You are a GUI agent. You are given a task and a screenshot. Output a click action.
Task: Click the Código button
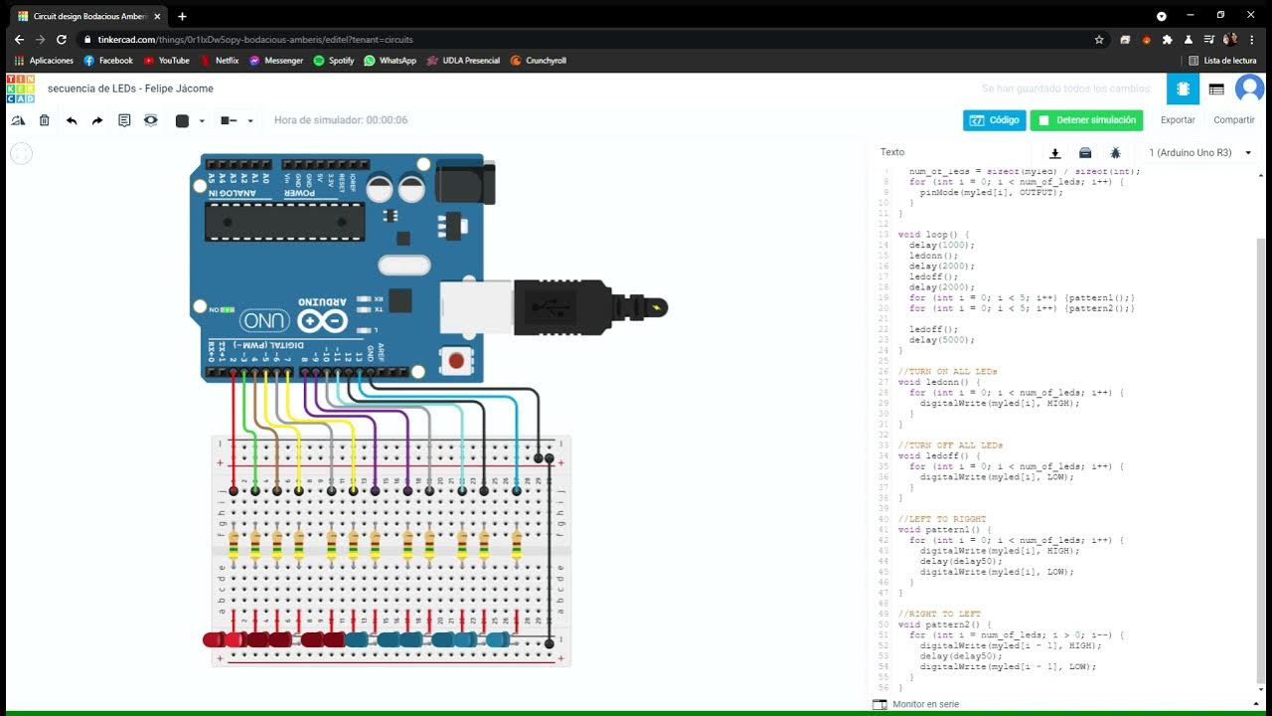point(994,120)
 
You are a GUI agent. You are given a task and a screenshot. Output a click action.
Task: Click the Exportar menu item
point(1178,120)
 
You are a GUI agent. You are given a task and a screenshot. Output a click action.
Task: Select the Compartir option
point(1233,120)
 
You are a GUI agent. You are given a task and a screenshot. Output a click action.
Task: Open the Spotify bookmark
point(334,61)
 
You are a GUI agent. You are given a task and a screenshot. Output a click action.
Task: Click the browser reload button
point(62,40)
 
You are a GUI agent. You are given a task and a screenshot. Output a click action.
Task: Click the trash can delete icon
point(44,120)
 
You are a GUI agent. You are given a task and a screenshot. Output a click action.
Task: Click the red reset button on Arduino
point(456,360)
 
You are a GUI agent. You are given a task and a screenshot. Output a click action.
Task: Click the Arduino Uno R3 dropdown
point(1199,152)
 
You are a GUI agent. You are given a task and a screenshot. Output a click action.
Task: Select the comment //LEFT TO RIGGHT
point(941,519)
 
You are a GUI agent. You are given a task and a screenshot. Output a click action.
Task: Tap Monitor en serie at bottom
point(924,704)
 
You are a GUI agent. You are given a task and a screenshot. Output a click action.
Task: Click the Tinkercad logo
point(20,89)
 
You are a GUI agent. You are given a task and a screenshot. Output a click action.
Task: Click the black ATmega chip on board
point(284,221)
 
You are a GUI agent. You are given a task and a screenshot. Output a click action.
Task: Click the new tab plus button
point(182,16)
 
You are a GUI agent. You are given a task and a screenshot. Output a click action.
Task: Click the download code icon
point(1055,153)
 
